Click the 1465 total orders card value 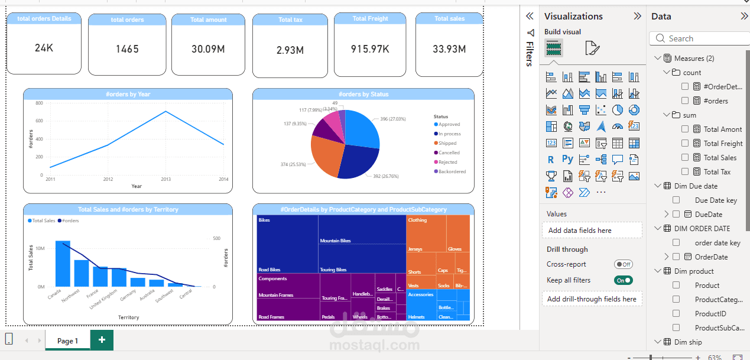127,49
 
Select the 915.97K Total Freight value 370,49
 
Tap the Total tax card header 290,20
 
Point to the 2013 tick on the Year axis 165,179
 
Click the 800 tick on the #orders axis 39,103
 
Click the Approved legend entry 449,125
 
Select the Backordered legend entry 452,172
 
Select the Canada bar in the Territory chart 63,264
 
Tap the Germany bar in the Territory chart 138,282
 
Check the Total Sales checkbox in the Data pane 685,158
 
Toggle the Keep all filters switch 624,280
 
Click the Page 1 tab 67,340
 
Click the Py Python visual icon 567,159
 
